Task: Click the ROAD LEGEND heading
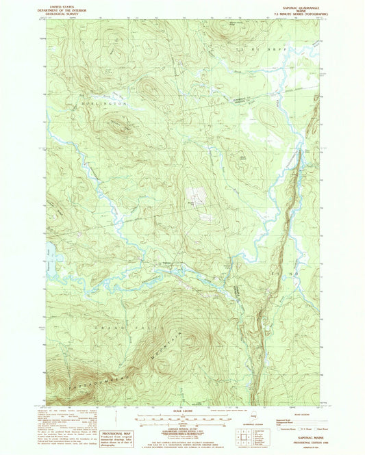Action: pos(300,415)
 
